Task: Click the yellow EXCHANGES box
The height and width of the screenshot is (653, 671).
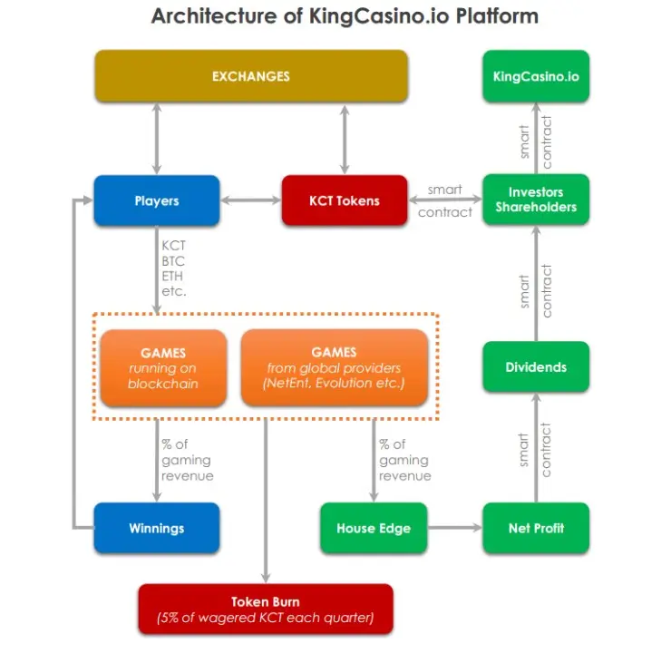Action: point(251,76)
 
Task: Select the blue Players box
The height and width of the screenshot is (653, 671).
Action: point(157,200)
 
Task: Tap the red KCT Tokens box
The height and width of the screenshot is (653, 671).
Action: point(345,200)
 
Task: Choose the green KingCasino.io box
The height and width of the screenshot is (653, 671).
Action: point(536,76)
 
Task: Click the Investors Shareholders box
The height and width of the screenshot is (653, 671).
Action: point(536,200)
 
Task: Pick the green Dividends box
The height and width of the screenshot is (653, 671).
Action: point(536,366)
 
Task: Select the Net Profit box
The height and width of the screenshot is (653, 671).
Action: point(536,528)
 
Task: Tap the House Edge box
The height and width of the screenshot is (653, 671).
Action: point(374,528)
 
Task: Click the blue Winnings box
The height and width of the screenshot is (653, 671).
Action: point(157,528)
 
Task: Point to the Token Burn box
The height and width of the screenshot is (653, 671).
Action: point(266,609)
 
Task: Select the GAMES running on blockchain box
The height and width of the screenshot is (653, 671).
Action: point(163,367)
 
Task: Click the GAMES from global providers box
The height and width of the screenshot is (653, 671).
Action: point(335,367)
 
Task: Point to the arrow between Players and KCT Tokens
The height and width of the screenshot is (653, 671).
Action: point(251,200)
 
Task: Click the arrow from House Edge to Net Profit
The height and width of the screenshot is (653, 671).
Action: point(455,528)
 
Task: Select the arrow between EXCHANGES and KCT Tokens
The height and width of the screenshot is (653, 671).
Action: point(345,139)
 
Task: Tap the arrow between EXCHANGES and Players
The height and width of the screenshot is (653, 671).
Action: point(157,139)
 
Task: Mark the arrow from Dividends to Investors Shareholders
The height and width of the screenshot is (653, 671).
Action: point(536,284)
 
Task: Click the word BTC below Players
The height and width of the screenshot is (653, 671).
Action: point(173,261)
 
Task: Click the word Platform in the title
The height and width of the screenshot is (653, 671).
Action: point(497,16)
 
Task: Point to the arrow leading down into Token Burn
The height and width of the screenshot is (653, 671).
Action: point(266,501)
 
